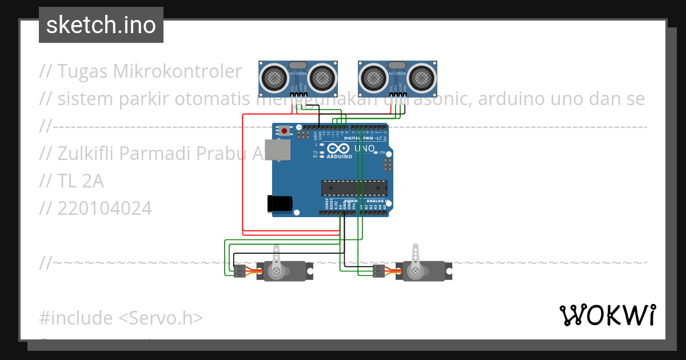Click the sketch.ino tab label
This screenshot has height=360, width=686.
pos(101,25)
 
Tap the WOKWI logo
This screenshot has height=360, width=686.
pos(607,315)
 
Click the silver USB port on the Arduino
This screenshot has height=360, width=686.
pos(278,150)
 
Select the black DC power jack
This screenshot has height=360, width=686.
pos(280,203)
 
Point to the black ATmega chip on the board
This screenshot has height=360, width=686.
pos(354,188)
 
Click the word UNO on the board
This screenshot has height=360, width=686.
pos(364,149)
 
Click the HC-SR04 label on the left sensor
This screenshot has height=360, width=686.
pos(298,74)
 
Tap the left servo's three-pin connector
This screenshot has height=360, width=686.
pos(239,271)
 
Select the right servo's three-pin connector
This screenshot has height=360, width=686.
pos(378,271)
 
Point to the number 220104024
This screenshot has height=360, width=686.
pos(105,209)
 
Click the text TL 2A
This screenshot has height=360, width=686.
pos(81,181)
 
